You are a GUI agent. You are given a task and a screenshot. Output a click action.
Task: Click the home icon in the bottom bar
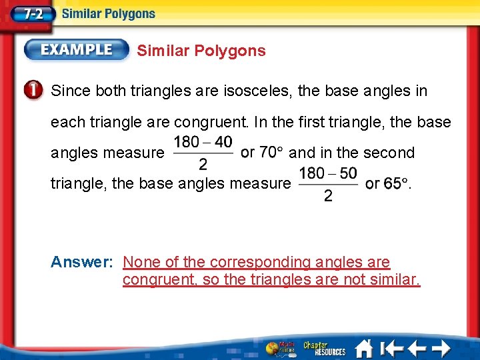point(364,348)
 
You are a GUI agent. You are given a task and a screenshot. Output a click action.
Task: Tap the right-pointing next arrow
point(441,348)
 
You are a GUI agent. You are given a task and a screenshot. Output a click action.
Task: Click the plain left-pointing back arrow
point(416,348)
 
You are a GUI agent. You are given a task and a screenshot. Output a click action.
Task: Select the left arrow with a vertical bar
point(391,348)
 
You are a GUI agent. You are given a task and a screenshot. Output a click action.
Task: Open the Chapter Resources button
point(325,348)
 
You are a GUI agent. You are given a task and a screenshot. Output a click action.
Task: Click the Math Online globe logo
point(278,348)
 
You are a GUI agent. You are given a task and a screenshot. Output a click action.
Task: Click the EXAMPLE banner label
point(77,50)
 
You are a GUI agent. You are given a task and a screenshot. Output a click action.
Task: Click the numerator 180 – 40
point(203,142)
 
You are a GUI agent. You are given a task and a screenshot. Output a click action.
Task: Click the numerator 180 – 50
point(327,173)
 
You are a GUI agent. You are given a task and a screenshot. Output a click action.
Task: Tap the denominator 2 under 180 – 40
point(203,163)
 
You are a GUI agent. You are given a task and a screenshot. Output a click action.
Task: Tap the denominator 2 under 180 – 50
point(327,195)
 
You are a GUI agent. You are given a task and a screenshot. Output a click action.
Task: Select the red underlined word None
point(142,262)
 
